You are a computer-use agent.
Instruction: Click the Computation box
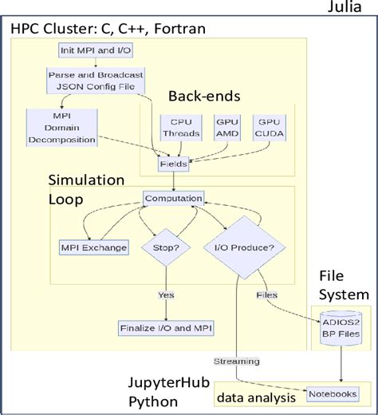(x=173, y=199)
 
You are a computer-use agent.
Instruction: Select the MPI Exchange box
(x=95, y=247)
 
